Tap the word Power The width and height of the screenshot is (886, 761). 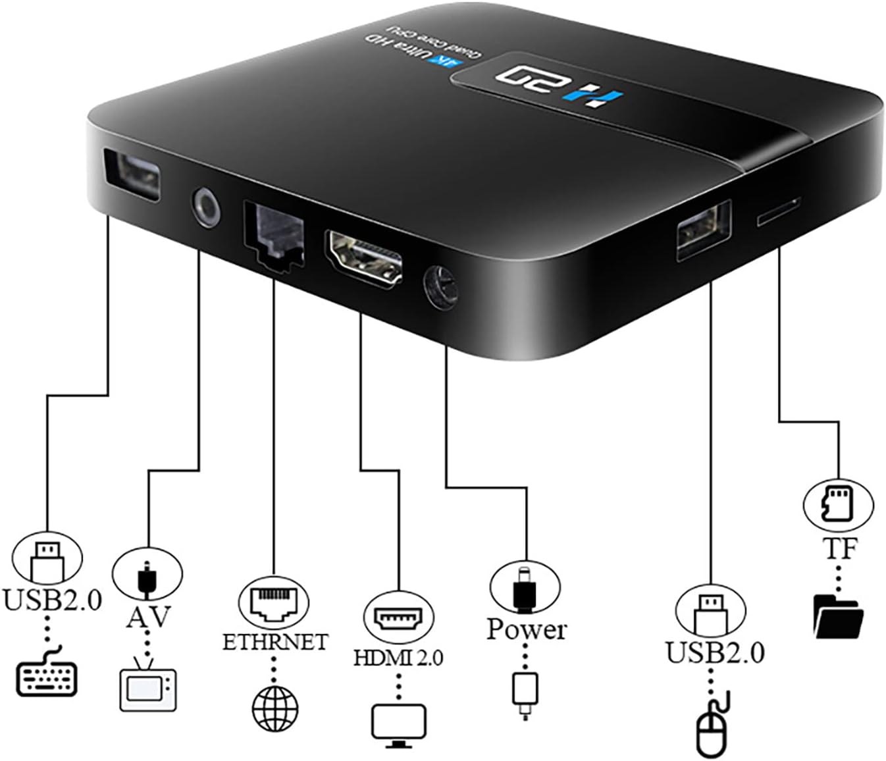526,629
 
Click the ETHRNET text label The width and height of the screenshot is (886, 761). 274,642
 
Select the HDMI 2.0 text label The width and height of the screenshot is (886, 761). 398,657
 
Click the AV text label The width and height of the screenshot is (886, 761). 148,617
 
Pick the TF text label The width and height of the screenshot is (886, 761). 839,548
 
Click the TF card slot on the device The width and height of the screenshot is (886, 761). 779,211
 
